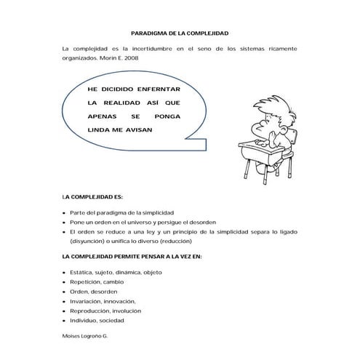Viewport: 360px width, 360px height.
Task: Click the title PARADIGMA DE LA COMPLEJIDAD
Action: pos(180,33)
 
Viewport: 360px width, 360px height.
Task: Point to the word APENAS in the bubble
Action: pos(100,116)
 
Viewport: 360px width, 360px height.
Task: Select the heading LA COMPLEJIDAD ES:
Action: pos(93,196)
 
